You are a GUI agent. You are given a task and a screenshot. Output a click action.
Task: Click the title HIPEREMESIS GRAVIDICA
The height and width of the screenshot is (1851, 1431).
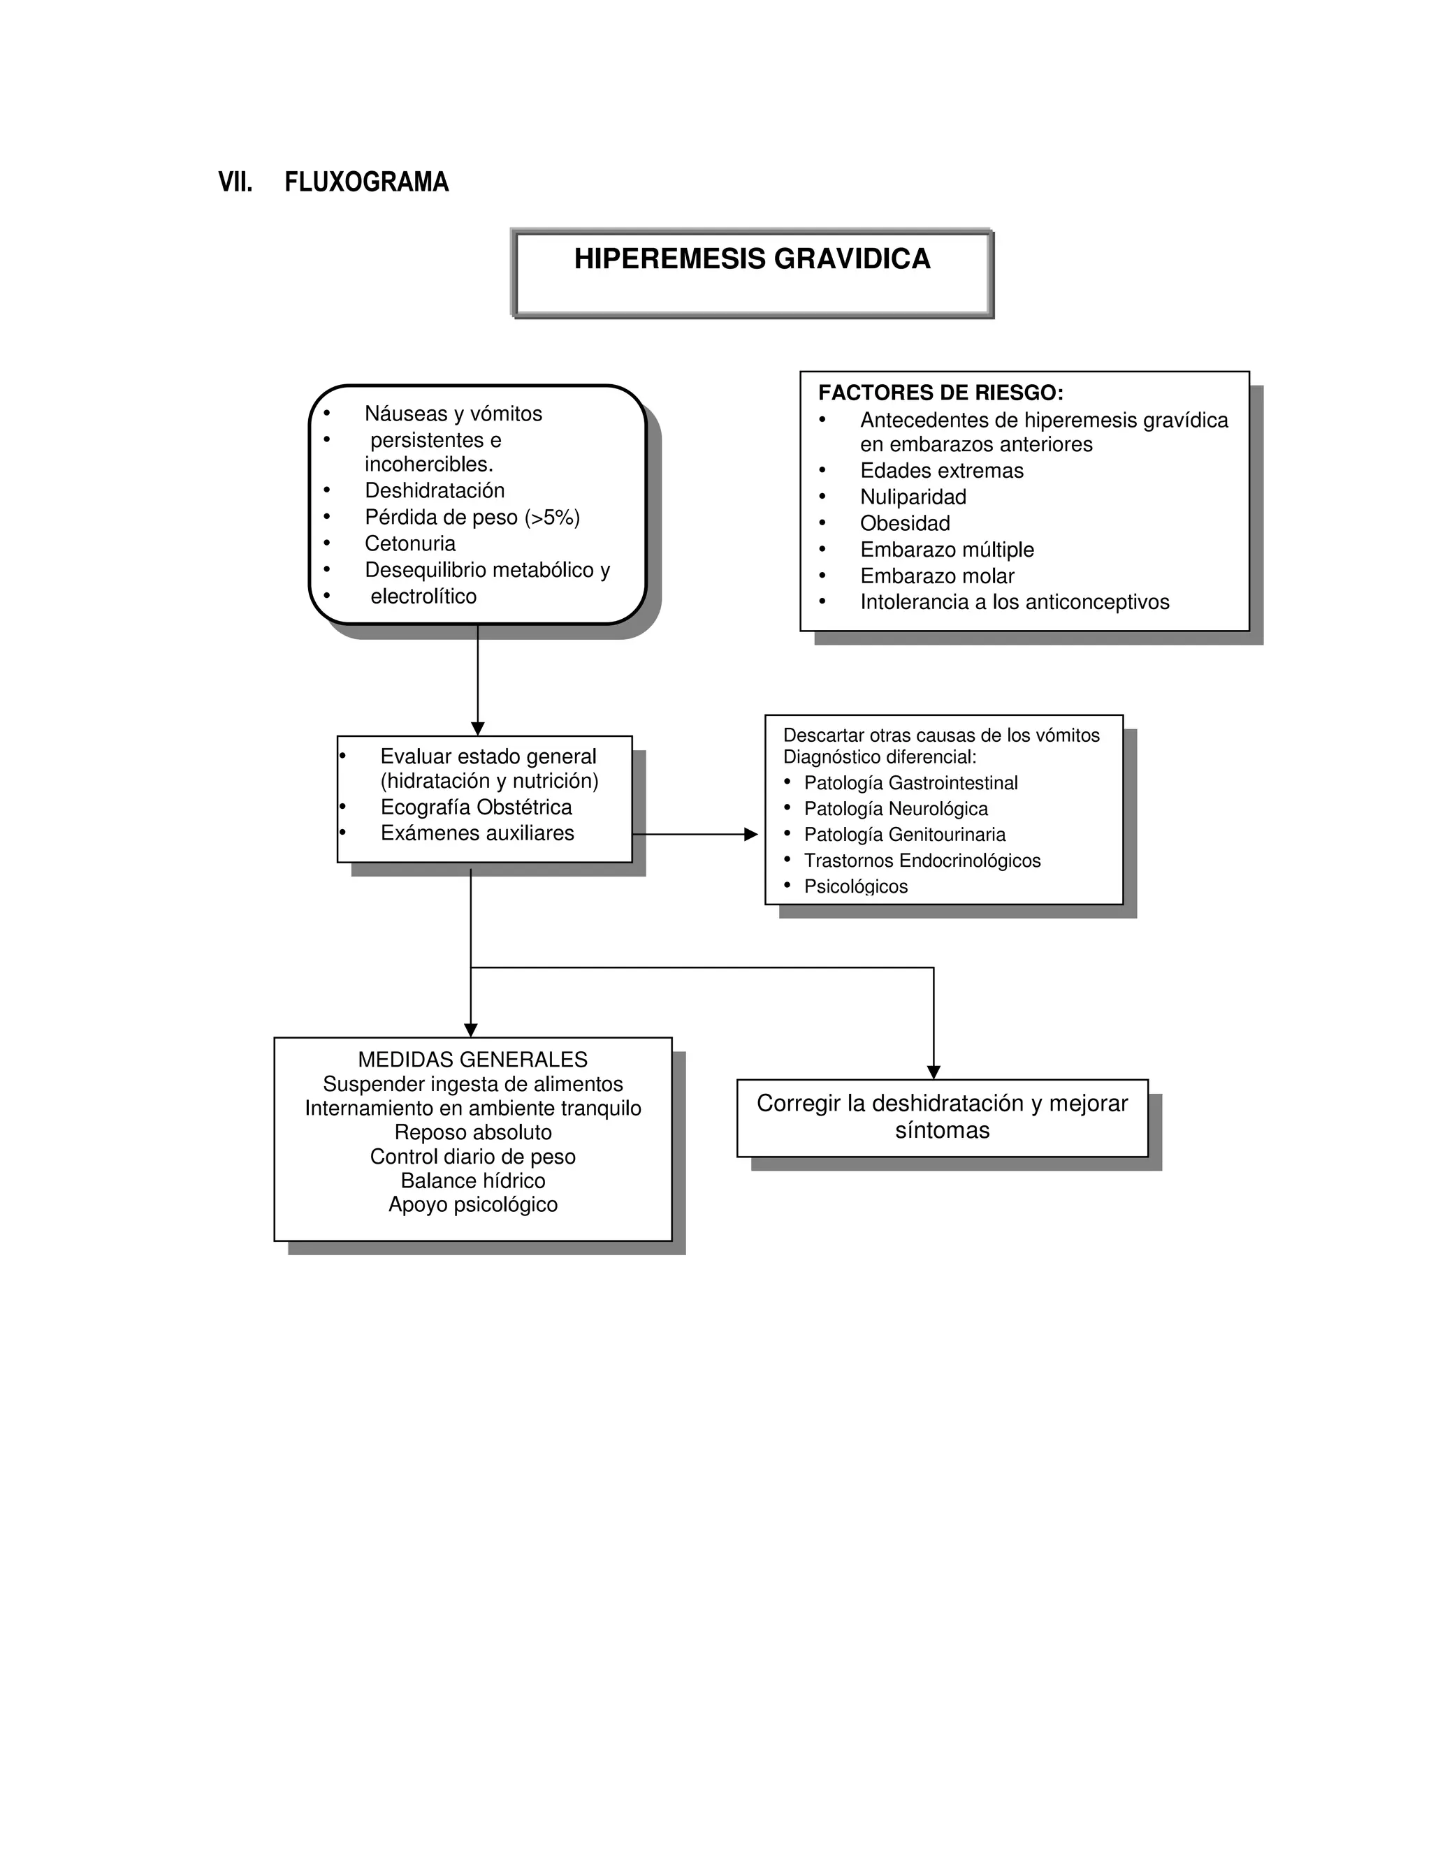(x=752, y=258)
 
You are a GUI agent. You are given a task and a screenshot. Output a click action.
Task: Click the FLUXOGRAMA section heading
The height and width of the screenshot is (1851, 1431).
(x=366, y=182)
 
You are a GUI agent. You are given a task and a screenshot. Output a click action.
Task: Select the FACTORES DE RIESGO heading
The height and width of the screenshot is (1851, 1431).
(x=940, y=393)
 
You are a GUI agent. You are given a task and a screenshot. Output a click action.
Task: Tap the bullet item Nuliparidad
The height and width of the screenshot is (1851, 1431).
(x=913, y=497)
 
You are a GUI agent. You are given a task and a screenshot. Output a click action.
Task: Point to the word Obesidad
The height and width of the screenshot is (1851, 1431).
(x=905, y=524)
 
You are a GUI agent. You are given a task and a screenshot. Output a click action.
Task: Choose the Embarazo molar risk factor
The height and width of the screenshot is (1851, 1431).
(x=937, y=576)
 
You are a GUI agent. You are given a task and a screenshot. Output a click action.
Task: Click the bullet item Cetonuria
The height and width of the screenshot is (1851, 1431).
(x=409, y=543)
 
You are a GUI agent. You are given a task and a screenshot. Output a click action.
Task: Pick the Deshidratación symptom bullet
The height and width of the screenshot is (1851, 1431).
(x=434, y=491)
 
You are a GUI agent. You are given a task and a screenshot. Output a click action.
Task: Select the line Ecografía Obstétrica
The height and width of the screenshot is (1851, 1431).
(x=476, y=807)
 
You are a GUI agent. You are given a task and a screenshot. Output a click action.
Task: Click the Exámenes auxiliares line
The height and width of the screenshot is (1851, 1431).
(x=477, y=834)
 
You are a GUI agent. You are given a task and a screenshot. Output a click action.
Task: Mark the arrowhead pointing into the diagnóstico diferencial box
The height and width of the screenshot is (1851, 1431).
(x=750, y=835)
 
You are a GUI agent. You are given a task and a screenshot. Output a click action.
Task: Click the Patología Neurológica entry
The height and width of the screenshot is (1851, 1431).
(x=895, y=810)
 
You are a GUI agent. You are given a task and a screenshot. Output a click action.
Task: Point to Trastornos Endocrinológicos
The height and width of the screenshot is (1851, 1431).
(x=922, y=861)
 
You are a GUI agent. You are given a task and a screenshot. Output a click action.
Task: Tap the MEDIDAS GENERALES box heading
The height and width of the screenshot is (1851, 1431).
(x=472, y=1060)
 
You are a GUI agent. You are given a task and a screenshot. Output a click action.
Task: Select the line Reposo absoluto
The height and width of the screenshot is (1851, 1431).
(x=472, y=1132)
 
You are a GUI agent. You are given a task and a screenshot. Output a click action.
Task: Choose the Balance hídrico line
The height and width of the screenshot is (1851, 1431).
(x=472, y=1180)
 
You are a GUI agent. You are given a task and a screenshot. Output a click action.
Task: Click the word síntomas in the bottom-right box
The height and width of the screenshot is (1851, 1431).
(x=942, y=1131)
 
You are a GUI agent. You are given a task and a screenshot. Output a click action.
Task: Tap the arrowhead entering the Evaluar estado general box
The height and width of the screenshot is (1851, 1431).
(x=477, y=729)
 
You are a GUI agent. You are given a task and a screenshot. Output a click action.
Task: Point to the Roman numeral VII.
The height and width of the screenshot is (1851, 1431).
(x=235, y=182)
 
